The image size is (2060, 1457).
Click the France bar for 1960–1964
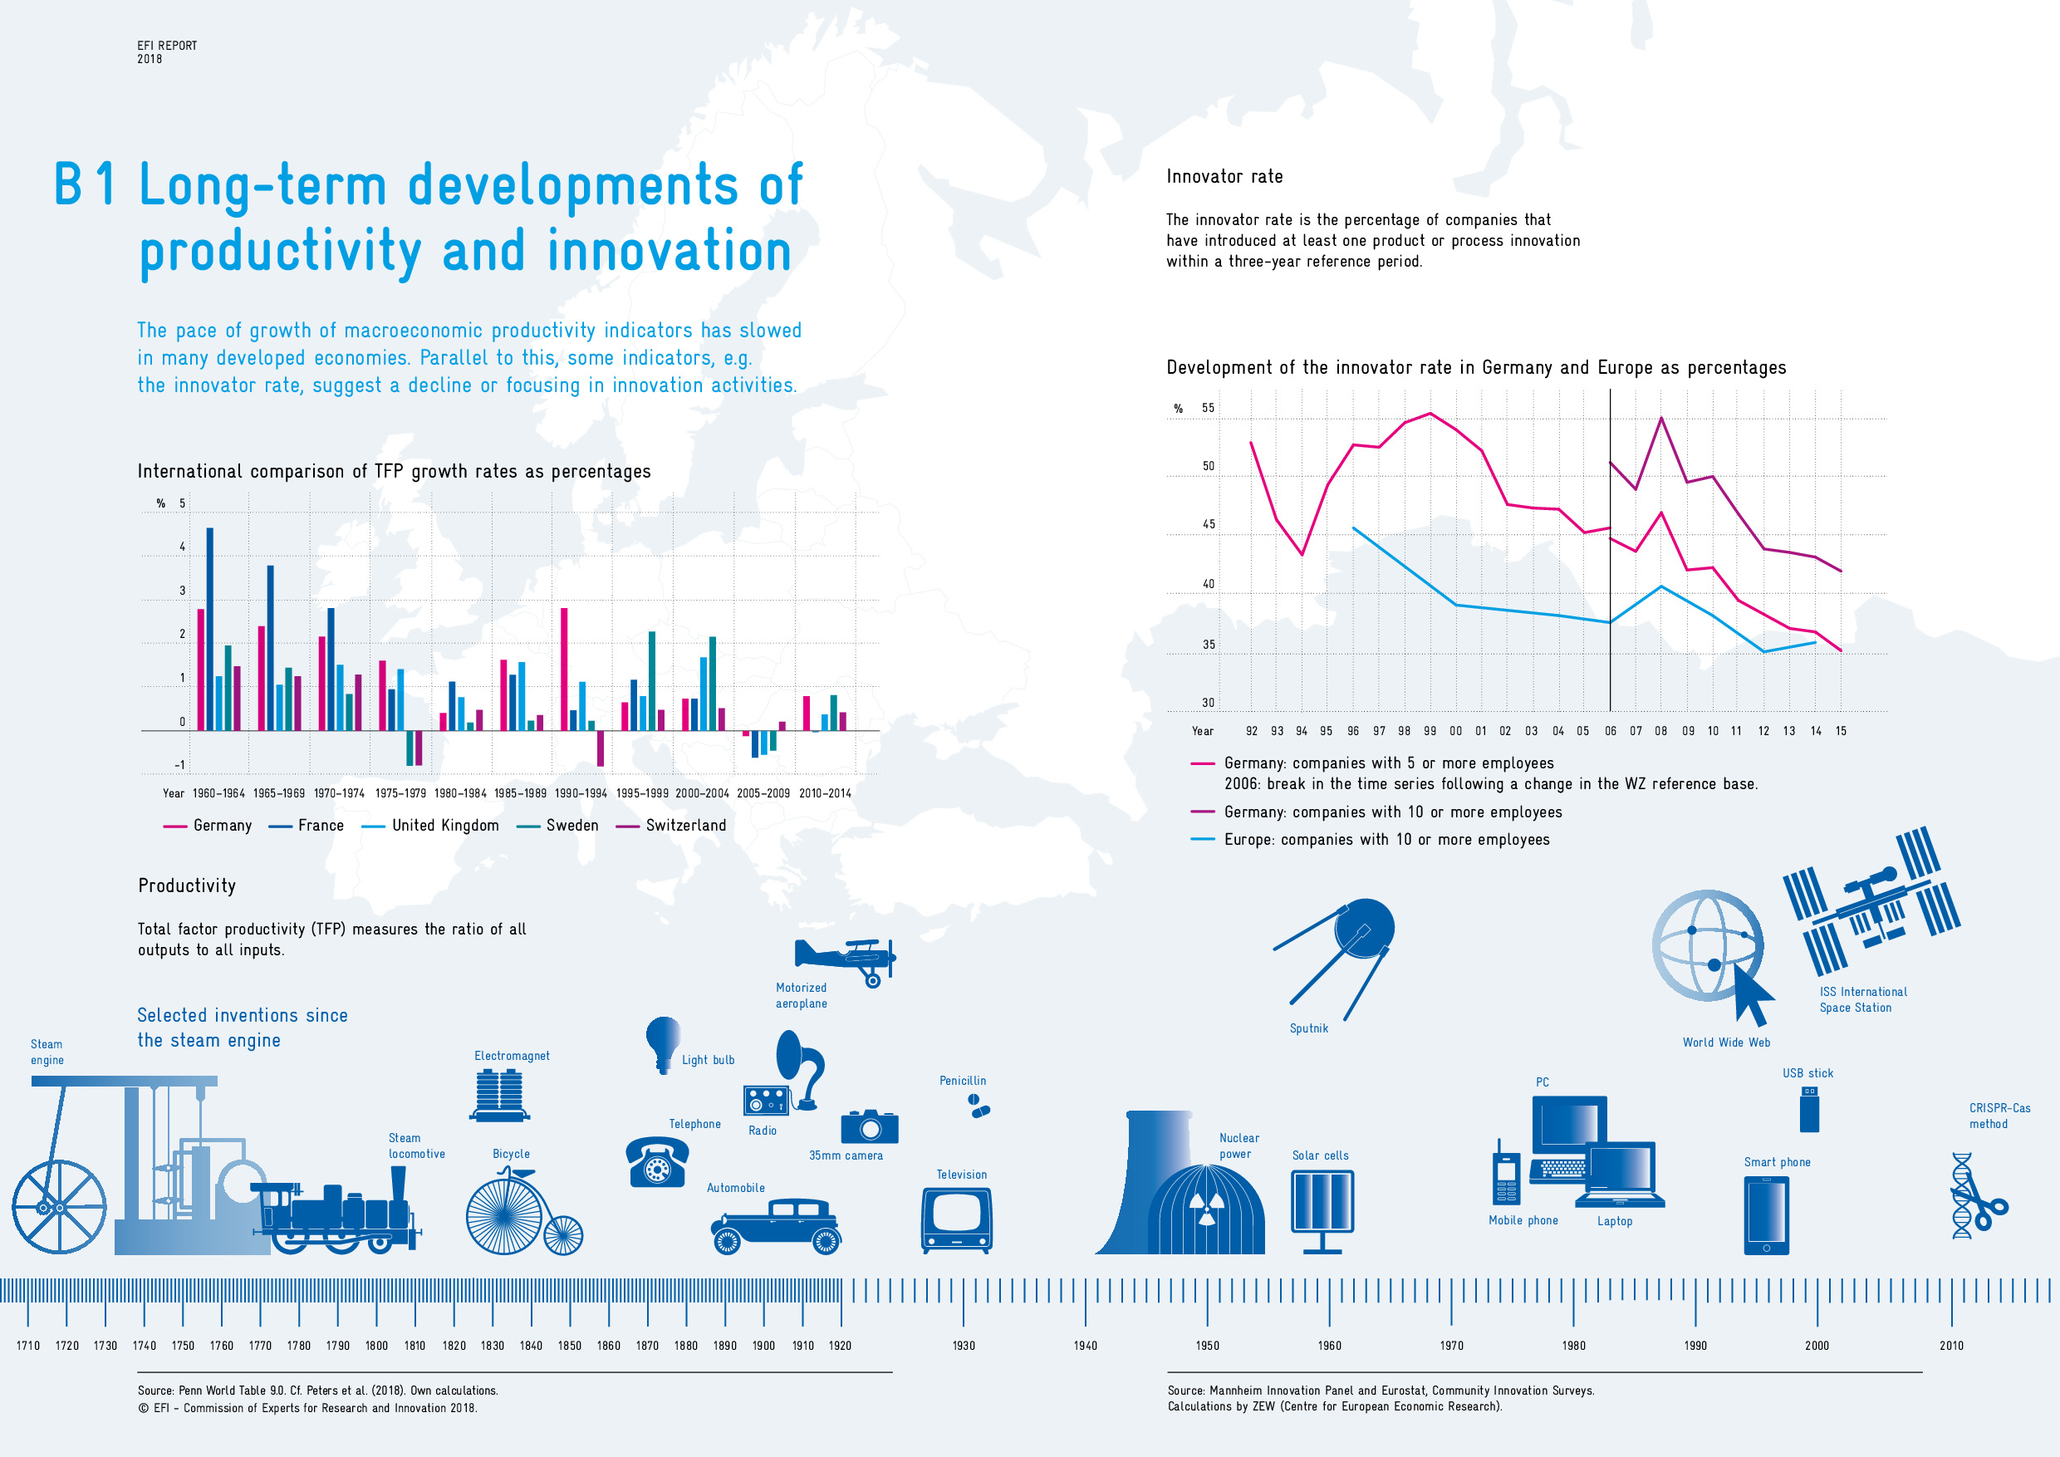click(x=210, y=629)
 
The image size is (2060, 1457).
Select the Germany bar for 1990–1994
click(x=564, y=670)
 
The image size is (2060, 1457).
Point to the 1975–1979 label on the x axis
click(x=400, y=793)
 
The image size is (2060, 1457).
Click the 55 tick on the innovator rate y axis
click(x=1208, y=408)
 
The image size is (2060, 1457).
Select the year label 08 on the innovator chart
click(x=1660, y=731)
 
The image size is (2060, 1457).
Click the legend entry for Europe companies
click(x=1386, y=840)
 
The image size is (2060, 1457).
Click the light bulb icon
click(x=663, y=1043)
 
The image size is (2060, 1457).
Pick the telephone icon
click(x=657, y=1162)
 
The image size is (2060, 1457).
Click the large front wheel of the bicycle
click(x=503, y=1215)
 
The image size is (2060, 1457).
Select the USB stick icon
click(x=1810, y=1109)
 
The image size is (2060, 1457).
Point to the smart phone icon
click(x=1766, y=1215)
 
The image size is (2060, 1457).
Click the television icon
click(x=956, y=1219)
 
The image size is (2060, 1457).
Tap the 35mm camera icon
click(x=869, y=1126)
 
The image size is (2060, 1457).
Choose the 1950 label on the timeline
click(x=1207, y=1346)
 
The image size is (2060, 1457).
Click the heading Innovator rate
click(x=1224, y=177)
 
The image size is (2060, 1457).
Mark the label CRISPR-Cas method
click(x=1999, y=1116)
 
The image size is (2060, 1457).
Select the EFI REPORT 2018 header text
click(x=167, y=52)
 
